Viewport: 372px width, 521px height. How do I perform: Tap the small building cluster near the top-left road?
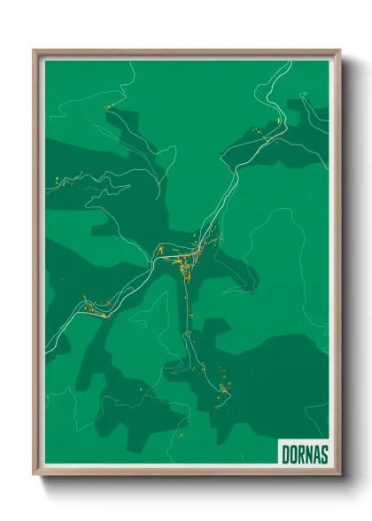[x=108, y=107]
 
